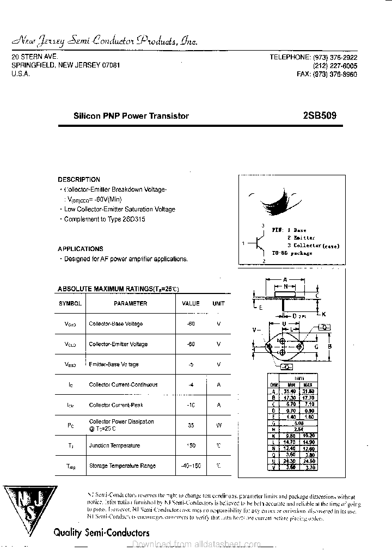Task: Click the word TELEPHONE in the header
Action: [290, 57]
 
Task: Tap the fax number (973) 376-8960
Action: [335, 75]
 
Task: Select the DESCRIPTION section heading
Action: [79, 179]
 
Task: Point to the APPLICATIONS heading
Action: [81, 249]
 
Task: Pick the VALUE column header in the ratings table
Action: [191, 303]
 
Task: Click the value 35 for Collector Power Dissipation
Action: [191, 425]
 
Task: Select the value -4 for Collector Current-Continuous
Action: [191, 384]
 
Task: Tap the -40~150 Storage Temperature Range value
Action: [191, 466]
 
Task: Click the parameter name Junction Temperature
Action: [114, 445]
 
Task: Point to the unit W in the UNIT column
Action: [218, 425]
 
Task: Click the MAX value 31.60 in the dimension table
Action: [308, 391]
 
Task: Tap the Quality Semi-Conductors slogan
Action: [101, 532]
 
